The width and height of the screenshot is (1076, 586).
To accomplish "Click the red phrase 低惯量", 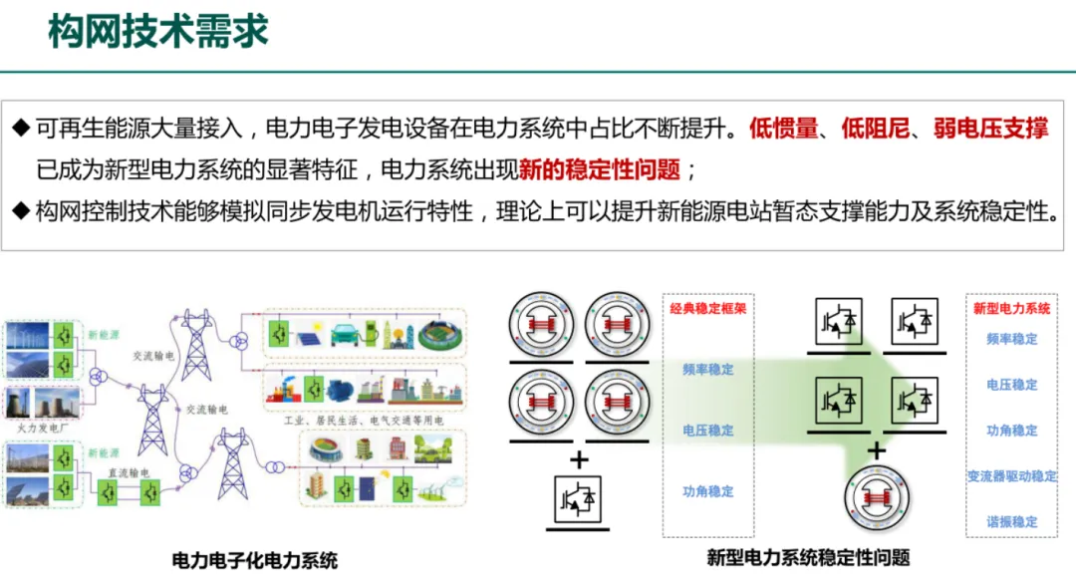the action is [784, 128].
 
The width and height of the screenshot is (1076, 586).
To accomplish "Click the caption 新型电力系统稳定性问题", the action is [808, 557].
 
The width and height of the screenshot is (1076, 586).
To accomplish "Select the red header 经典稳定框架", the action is [708, 309].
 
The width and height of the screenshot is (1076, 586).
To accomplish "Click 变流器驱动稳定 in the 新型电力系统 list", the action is [1011, 476].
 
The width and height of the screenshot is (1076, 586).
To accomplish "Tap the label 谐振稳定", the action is [1011, 521].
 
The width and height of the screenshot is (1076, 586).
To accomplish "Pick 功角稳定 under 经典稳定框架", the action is [708, 491].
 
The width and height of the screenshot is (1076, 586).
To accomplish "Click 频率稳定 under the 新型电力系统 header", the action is [1011, 339].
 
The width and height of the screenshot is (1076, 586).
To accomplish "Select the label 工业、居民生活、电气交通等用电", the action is [365, 419].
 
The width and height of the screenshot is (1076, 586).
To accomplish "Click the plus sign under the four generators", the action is [579, 459].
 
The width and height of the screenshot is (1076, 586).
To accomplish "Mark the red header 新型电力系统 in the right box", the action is [1011, 309].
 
